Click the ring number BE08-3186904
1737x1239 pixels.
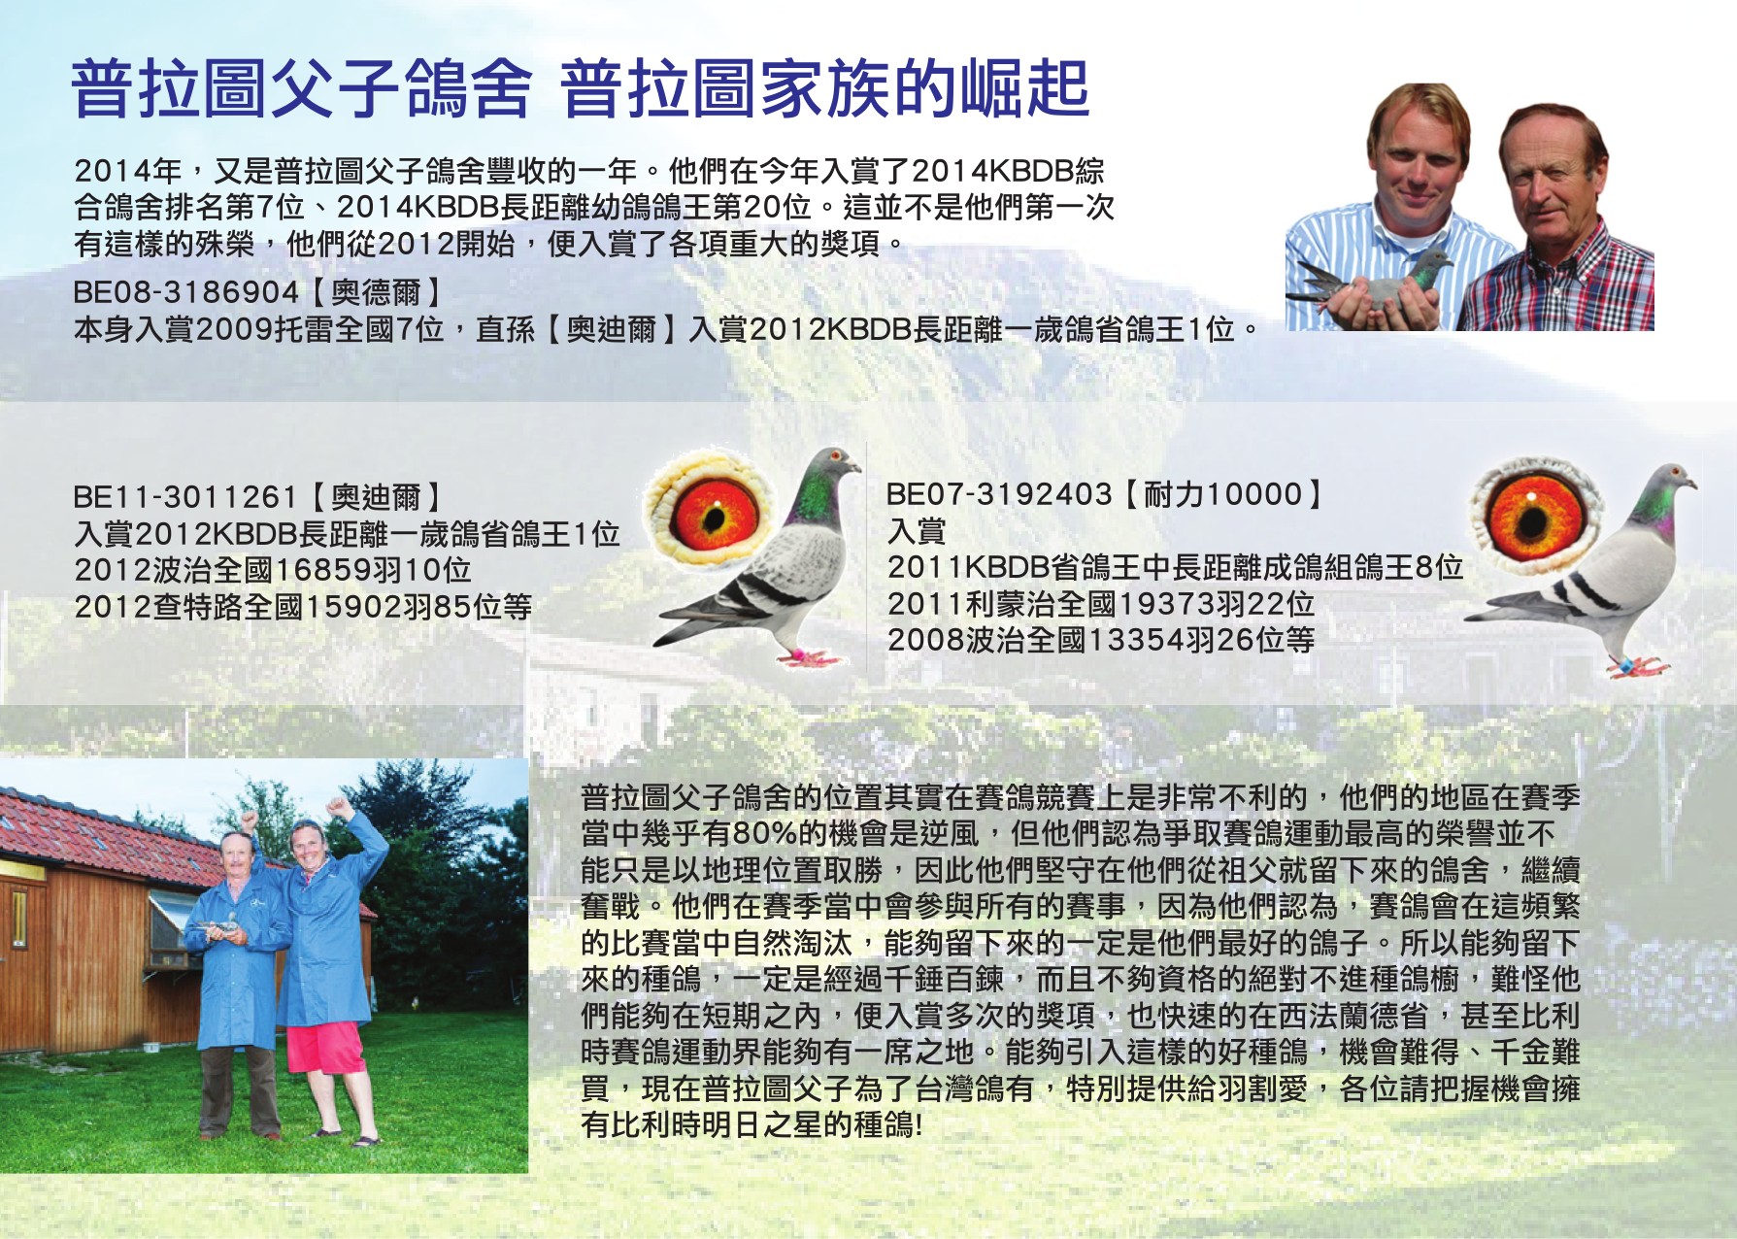tap(186, 292)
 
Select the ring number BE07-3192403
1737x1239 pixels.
tap(998, 494)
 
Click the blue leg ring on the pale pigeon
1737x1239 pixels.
tap(1622, 667)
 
